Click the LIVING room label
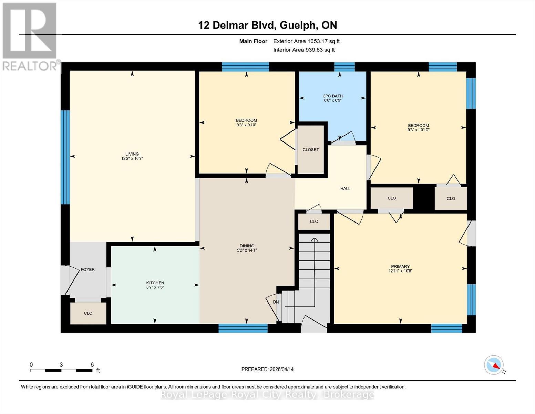point(132,154)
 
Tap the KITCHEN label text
point(155,283)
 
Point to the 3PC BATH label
point(332,96)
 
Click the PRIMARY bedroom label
point(400,266)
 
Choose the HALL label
point(345,189)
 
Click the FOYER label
point(88,269)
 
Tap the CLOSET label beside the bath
point(310,150)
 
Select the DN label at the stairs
point(276,302)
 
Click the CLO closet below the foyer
point(88,313)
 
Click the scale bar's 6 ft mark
point(92,365)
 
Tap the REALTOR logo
point(30,36)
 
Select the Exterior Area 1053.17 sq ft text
point(306,41)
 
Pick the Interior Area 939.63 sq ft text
point(304,50)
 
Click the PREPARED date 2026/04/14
point(267,369)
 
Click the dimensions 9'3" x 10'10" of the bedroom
point(418,130)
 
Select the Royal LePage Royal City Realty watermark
point(267,395)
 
